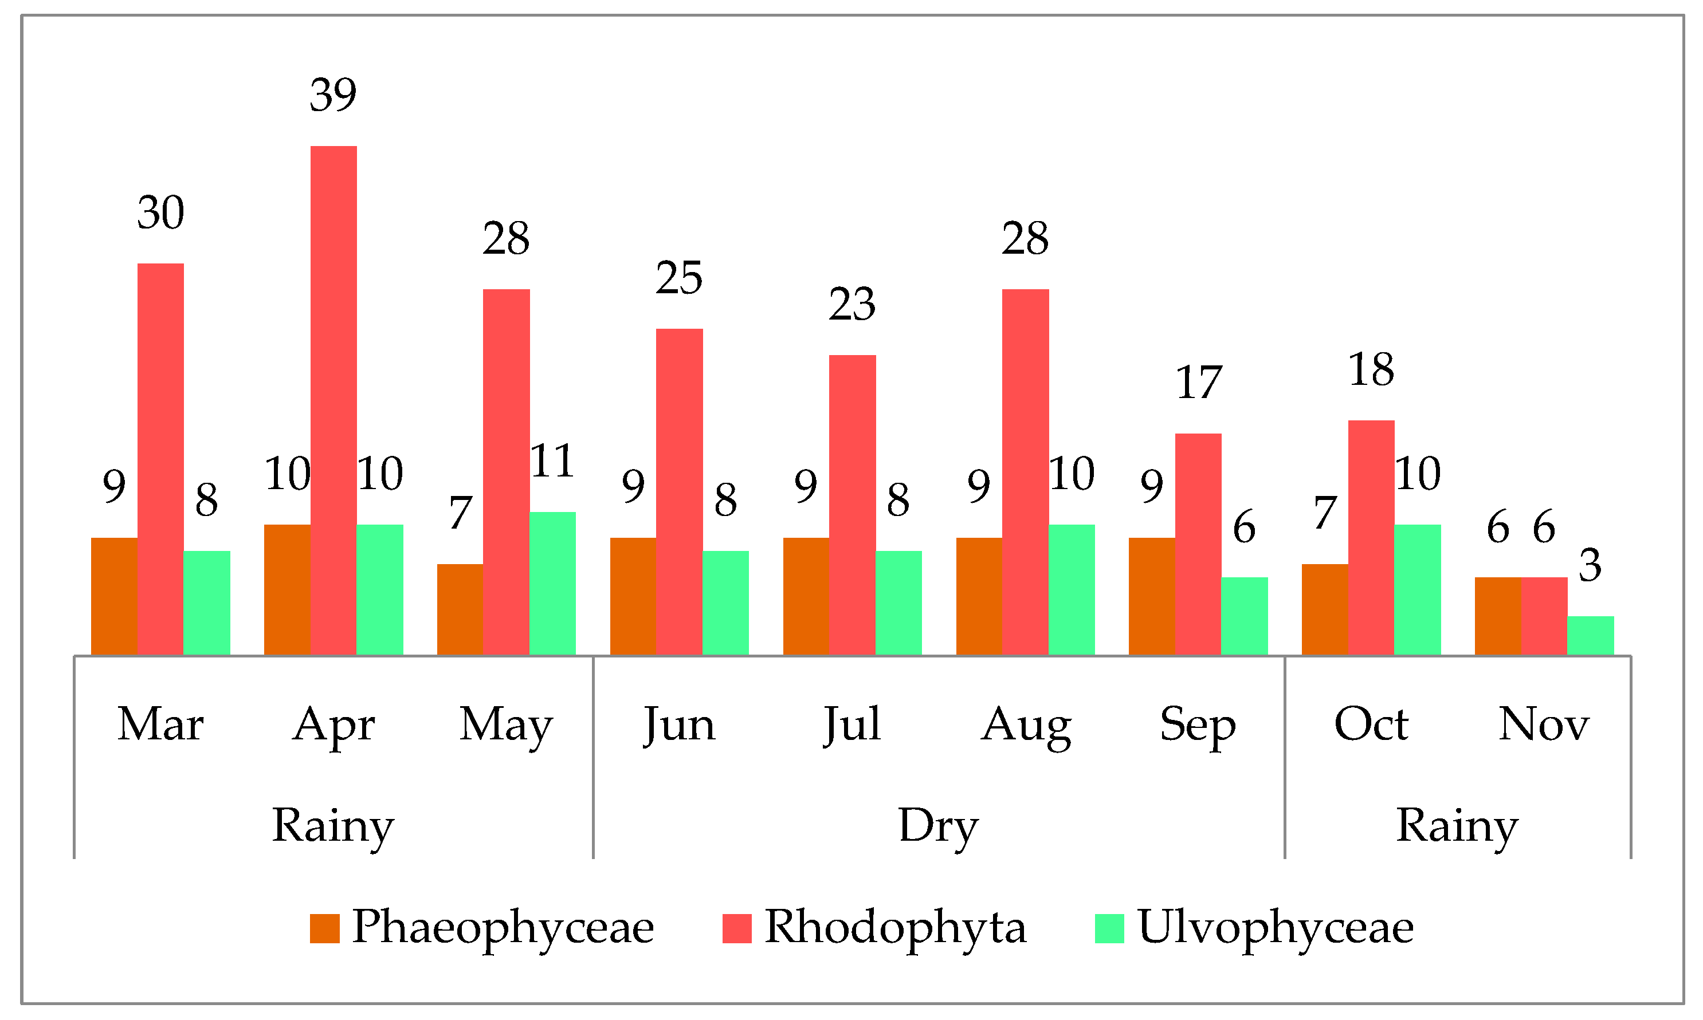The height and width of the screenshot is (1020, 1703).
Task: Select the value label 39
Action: pyautogui.click(x=333, y=95)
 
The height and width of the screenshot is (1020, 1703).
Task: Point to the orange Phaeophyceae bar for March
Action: pyautogui.click(x=114, y=596)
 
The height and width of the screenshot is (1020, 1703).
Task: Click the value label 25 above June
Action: pyautogui.click(x=679, y=278)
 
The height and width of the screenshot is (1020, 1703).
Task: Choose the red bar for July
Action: pyautogui.click(x=852, y=505)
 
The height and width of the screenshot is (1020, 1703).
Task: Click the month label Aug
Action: pyautogui.click(x=1025, y=725)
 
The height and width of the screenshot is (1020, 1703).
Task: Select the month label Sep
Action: pyautogui.click(x=1198, y=725)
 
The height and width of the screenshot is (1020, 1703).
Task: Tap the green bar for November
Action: pyautogui.click(x=1590, y=635)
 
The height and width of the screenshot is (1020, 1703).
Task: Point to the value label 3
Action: pyautogui.click(x=1590, y=565)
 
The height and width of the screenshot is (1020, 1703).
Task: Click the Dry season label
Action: pyautogui.click(x=939, y=825)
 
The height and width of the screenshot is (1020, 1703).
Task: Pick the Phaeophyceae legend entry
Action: pyautogui.click(x=502, y=927)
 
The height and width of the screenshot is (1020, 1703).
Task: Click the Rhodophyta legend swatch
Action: pyautogui.click(x=736, y=928)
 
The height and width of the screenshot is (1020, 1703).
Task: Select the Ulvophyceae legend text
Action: pyautogui.click(x=1276, y=927)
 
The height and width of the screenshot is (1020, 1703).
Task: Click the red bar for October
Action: pyautogui.click(x=1371, y=538)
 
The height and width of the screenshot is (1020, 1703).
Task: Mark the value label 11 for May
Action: pyautogui.click(x=552, y=461)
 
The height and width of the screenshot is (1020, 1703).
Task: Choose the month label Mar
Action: pyautogui.click(x=160, y=724)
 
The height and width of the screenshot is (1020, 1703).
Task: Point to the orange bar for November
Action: pyautogui.click(x=1497, y=616)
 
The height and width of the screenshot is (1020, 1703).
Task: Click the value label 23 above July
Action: pyautogui.click(x=852, y=305)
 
